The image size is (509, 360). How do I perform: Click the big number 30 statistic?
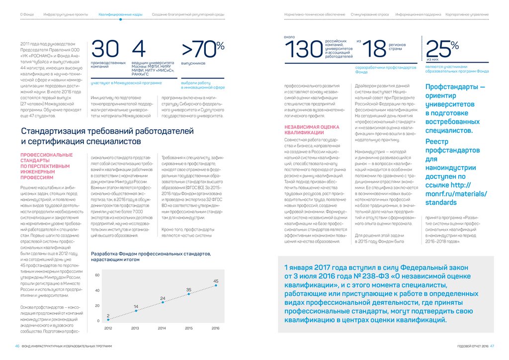point(105,49)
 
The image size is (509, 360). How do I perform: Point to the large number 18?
point(374,49)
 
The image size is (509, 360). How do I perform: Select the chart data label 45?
point(216,281)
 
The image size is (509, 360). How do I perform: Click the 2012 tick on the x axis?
point(108,329)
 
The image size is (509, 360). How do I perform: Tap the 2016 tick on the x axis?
point(216,329)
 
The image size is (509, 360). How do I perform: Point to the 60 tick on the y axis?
point(97,275)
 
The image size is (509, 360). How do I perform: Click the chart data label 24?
point(162,298)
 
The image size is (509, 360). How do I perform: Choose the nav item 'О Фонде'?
point(26,15)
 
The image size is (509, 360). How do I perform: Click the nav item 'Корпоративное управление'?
point(467,15)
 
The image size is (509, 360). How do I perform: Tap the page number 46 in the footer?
point(17,346)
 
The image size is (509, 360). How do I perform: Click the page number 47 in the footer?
point(492,346)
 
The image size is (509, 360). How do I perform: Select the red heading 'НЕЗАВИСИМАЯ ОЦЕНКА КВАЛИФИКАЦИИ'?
point(308,130)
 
